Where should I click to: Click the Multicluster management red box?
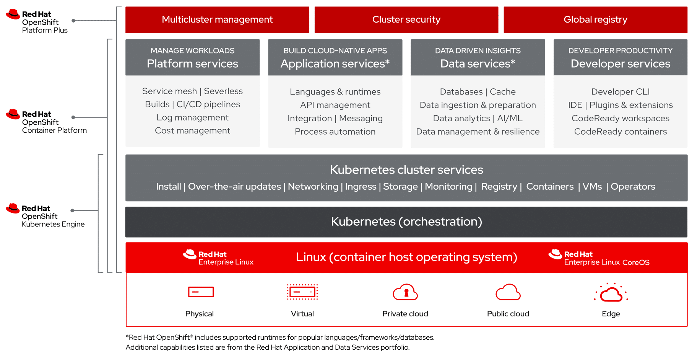[217, 20]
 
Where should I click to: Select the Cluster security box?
[406, 20]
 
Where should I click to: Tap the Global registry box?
[595, 20]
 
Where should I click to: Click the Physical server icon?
[201, 292]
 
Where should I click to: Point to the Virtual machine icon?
[302, 292]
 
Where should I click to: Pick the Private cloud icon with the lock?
[405, 292]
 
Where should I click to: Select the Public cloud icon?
[508, 292]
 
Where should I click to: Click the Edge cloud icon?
[611, 293]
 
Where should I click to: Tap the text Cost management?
[192, 130]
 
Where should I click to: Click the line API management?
[335, 105]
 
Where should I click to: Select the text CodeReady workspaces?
[620, 118]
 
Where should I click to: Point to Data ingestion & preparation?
[478, 105]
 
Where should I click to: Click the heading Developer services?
[620, 64]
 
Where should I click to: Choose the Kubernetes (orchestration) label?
[406, 222]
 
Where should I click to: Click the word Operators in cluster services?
[633, 187]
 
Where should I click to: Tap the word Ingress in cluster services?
[361, 187]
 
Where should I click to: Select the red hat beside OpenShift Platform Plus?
[13, 14]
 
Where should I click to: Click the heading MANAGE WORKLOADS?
[192, 50]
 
